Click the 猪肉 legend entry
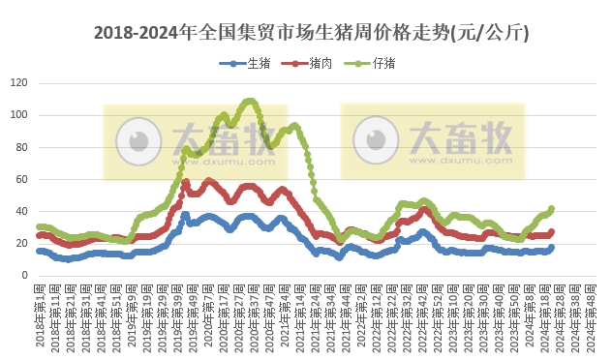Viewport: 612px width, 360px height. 309,64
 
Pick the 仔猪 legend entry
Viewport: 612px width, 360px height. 372,64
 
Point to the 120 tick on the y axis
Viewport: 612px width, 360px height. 19,83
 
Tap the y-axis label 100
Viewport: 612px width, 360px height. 19,115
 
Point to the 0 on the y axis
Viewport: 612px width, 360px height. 24,275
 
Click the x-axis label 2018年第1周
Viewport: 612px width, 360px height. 40,315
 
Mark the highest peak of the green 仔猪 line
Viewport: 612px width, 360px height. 250,101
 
